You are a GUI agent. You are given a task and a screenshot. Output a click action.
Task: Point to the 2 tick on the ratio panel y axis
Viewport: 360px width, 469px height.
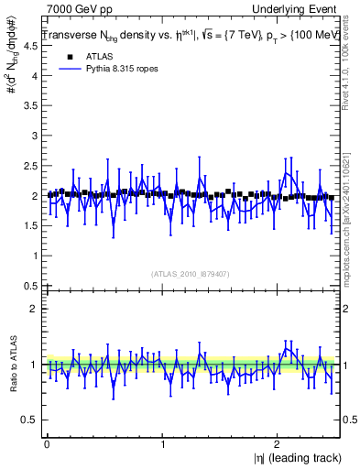tap(33, 309)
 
